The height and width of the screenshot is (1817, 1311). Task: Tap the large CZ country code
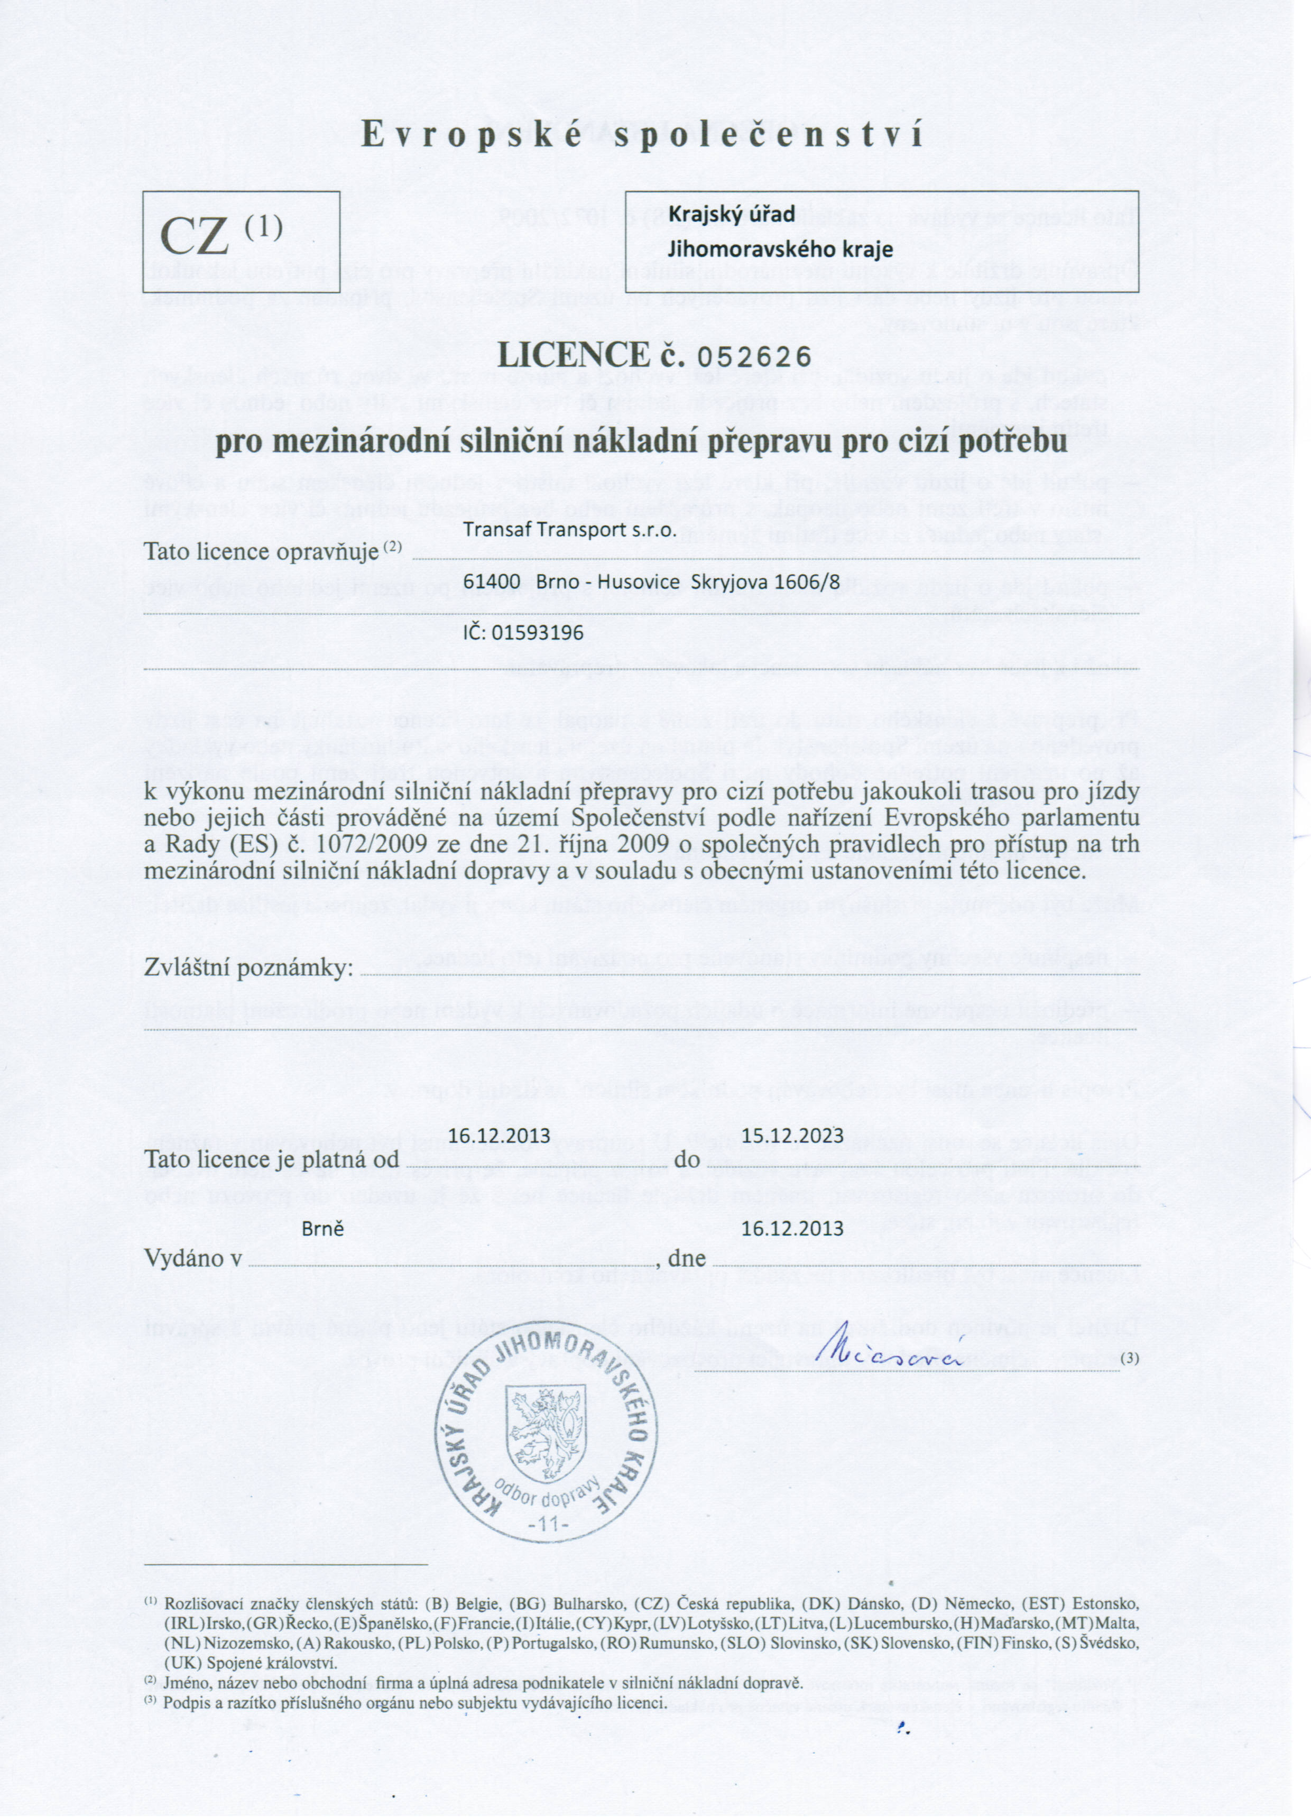coord(195,236)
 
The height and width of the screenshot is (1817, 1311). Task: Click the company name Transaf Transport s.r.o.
coord(570,530)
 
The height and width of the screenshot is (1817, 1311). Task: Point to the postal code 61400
coord(492,583)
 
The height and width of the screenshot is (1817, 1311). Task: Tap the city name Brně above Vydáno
coord(323,1228)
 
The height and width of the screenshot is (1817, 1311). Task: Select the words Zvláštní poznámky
coord(248,969)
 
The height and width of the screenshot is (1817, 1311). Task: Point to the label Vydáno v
coord(193,1259)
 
